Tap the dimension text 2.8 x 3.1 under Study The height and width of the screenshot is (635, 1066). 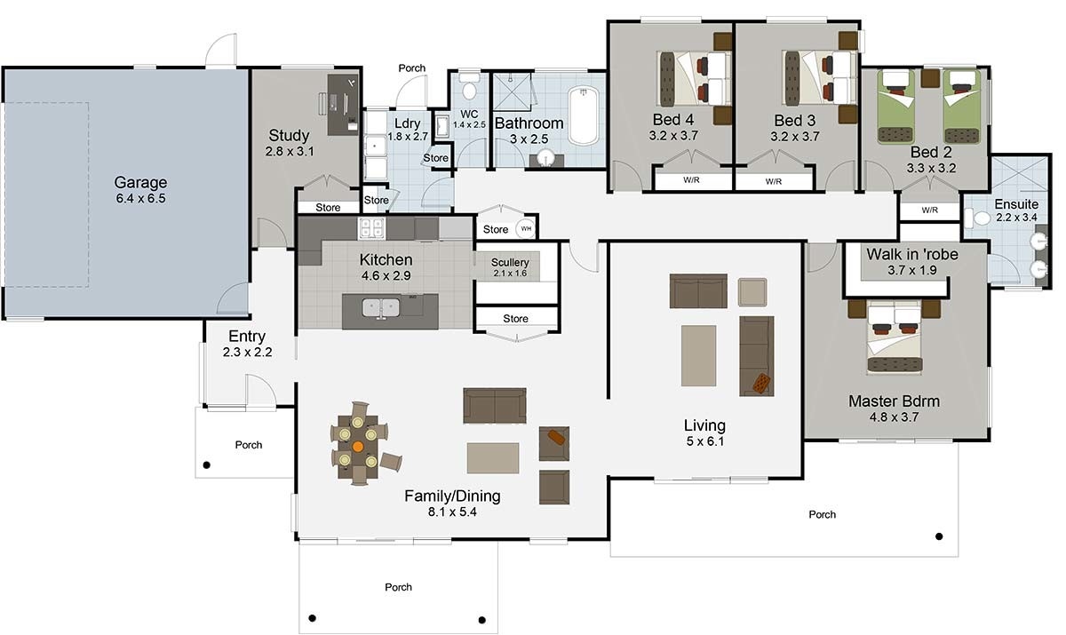point(290,152)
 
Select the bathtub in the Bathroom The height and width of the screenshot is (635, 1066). point(585,115)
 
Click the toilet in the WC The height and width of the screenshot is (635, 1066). point(469,89)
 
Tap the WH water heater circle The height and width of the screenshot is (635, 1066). point(526,228)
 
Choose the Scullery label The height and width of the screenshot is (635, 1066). point(510,263)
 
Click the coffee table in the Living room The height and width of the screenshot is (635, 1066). point(698,355)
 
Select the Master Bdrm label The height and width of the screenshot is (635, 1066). point(894,401)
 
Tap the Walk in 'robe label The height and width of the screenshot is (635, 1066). point(912,254)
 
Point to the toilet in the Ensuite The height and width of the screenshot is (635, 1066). point(982,218)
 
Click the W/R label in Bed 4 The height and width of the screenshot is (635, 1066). point(690,181)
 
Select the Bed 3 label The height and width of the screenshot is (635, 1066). point(794,120)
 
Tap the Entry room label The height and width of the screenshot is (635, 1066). point(247,337)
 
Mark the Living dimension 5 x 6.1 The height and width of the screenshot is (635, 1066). point(704,441)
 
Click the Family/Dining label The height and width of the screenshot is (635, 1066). point(452,496)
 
